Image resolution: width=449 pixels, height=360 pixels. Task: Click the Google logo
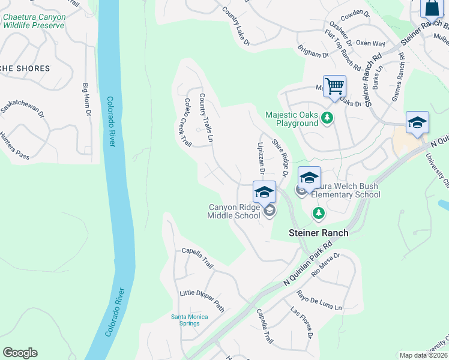point(20,353)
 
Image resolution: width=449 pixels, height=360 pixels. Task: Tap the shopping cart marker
point(334,86)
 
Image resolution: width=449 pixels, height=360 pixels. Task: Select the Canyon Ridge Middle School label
point(234,211)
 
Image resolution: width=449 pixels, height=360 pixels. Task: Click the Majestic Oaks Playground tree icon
point(327,118)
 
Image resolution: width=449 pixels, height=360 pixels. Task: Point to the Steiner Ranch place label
point(318,232)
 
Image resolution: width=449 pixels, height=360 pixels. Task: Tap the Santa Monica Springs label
point(189,320)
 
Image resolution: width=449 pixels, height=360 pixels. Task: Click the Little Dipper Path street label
point(202,301)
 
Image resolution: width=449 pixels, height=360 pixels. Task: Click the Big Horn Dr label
point(86,100)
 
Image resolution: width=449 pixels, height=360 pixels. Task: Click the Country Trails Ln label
point(206,117)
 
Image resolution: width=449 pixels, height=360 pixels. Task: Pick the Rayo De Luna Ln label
point(319,300)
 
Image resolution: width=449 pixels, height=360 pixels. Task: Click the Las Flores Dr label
point(302,323)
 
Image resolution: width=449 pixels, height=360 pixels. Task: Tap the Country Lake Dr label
point(235,26)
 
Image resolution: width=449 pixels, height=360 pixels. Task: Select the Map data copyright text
point(423,355)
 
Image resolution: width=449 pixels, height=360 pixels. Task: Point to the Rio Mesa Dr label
point(327,263)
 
